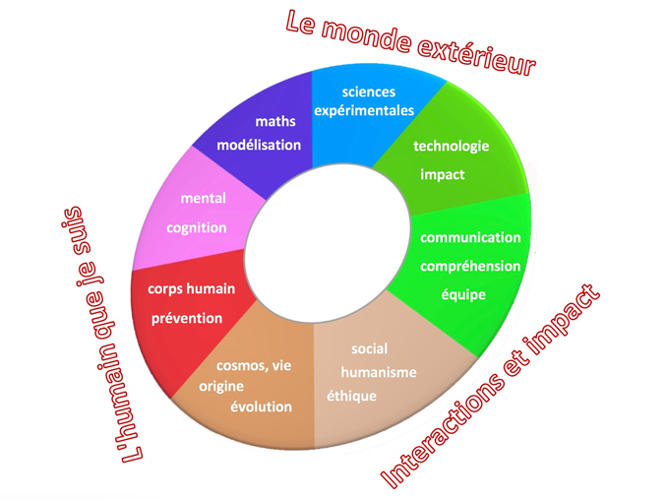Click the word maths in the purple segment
click(x=275, y=121)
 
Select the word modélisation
click(x=259, y=146)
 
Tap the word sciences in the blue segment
click(x=369, y=92)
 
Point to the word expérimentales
click(x=364, y=111)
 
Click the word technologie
click(x=452, y=147)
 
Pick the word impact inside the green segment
click(x=442, y=174)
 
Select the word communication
click(x=470, y=237)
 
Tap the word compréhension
click(x=470, y=267)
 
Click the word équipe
click(x=463, y=295)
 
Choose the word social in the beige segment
click(x=369, y=348)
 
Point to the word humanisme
click(x=379, y=373)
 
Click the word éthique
click(x=351, y=397)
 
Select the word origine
click(x=221, y=387)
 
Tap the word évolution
click(x=261, y=406)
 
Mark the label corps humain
click(x=191, y=289)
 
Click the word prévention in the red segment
click(x=187, y=319)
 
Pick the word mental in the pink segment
click(x=203, y=199)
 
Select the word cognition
click(x=196, y=228)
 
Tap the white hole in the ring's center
click(x=327, y=243)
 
